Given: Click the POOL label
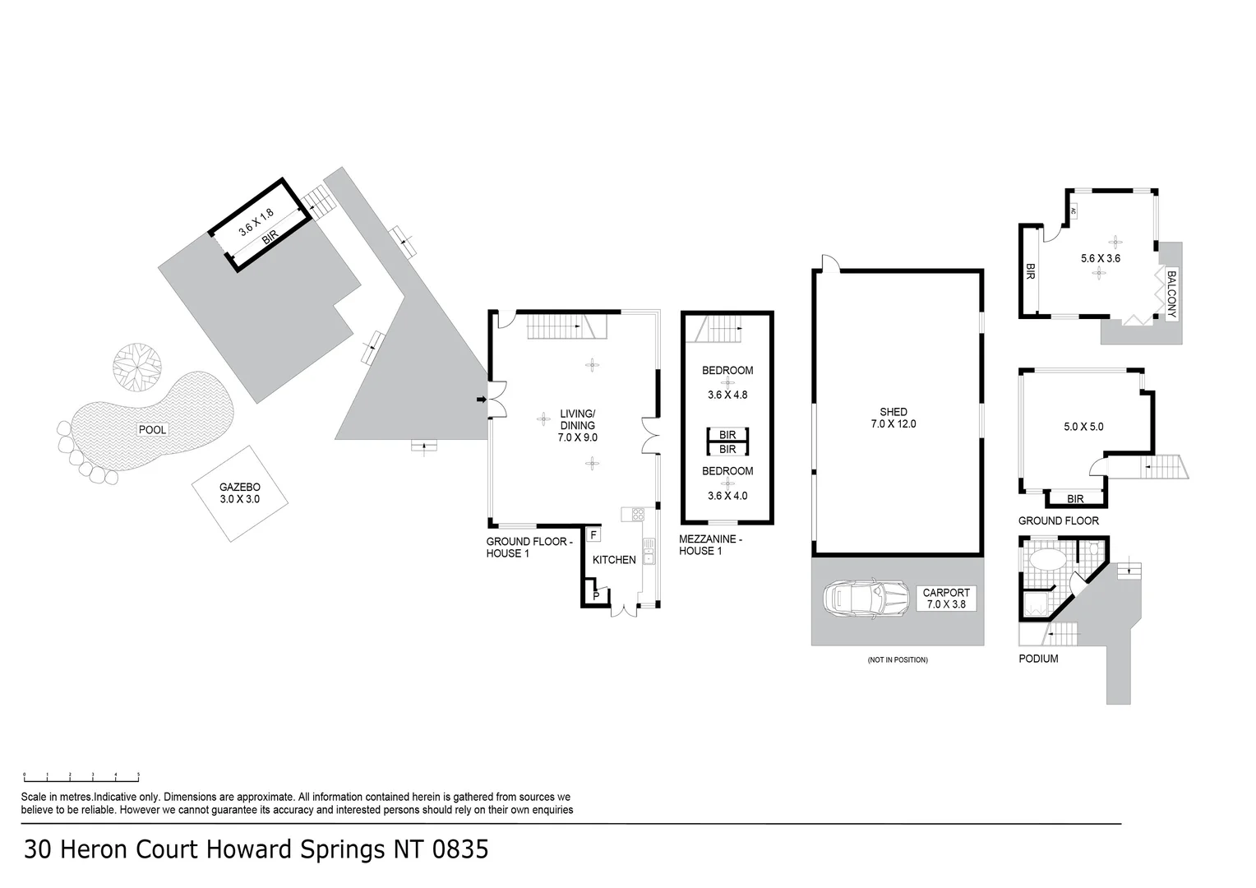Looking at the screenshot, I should point(153,430).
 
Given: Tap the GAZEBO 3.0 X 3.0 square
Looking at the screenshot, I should point(239,493).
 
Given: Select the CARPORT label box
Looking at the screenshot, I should point(946,599).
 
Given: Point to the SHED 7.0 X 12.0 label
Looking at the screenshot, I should point(893,418).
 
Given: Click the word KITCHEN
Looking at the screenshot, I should point(614,560).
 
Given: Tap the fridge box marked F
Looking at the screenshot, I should point(593,535).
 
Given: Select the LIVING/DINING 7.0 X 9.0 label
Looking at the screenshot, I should point(578,426).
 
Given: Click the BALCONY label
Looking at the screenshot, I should point(1171,294).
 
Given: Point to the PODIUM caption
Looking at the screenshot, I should point(1038,659).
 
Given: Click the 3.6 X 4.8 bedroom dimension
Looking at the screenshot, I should point(727,395).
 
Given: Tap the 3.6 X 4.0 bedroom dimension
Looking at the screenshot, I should point(727,496).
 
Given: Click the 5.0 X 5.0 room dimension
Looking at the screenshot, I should point(1083,427).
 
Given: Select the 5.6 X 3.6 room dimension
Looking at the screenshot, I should point(1101,258).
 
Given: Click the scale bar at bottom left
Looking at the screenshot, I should point(81,775).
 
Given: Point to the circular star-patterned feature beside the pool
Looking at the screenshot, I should point(137,366).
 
